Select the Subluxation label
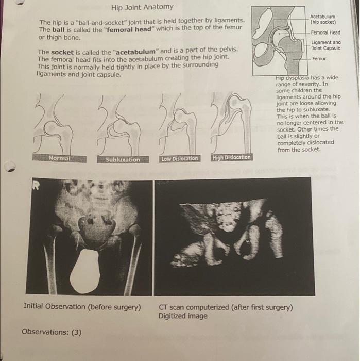click(x=123, y=159)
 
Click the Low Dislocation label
click(x=179, y=158)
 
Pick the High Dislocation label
click(x=231, y=157)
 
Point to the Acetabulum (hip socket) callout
click(x=323, y=19)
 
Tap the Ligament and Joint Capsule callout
click(x=326, y=45)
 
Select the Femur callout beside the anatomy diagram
click(x=319, y=59)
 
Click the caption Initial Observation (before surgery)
click(x=82, y=307)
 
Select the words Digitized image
click(x=183, y=316)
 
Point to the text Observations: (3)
click(x=52, y=332)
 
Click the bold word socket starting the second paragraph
click(x=64, y=52)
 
